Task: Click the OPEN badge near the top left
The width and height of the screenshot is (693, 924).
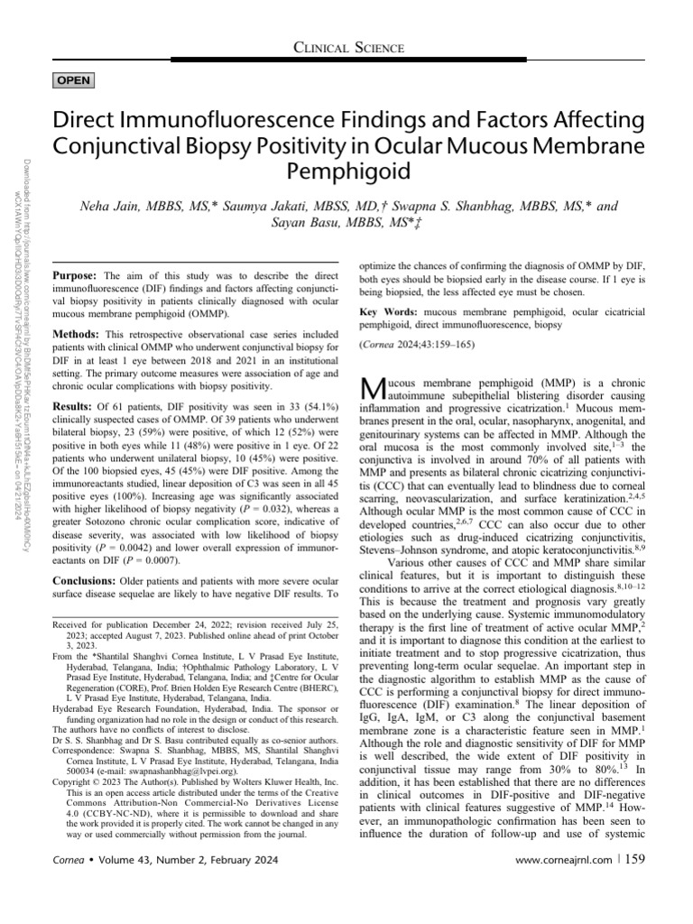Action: click(73, 80)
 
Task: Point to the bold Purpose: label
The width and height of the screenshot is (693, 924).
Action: click(77, 274)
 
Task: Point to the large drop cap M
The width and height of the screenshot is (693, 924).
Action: click(371, 390)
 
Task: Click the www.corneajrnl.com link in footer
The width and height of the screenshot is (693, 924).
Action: click(559, 883)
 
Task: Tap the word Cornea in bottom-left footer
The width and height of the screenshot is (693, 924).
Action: click(71, 883)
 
